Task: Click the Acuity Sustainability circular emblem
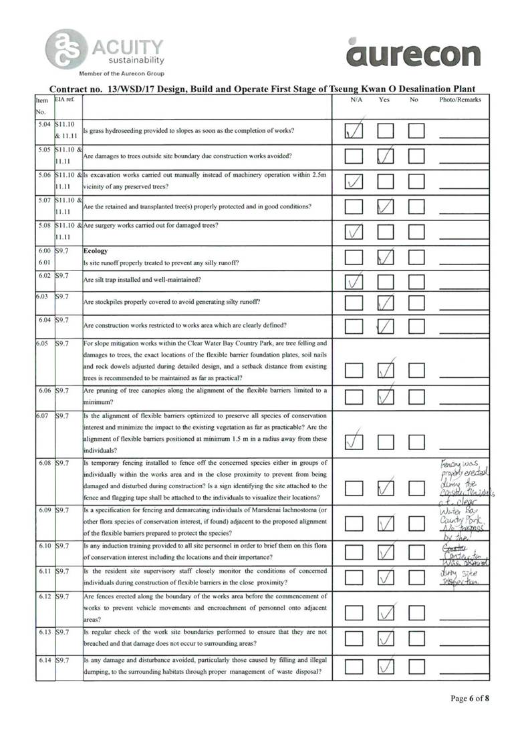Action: point(65,48)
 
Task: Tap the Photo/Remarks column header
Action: point(460,100)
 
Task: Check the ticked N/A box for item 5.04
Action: point(354,130)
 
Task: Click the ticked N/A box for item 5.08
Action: point(354,232)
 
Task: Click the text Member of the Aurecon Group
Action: point(122,73)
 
